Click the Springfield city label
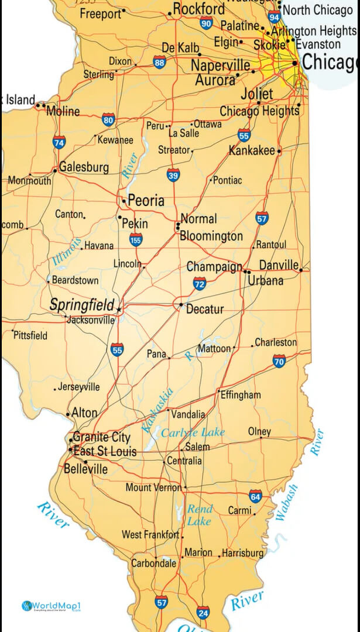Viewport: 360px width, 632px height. coord(81,305)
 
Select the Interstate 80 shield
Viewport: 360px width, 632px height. coord(108,121)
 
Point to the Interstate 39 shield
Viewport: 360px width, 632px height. coord(173,174)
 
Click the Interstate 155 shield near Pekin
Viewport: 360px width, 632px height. coord(136,239)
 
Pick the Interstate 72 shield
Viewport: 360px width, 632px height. coord(200,284)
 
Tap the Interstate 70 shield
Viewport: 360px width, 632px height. coord(279,361)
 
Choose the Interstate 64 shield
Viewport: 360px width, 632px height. coord(255,497)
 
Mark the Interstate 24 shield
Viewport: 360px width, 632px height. coord(203,613)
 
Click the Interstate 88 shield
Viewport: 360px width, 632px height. coord(159,63)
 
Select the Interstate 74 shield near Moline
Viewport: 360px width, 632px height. coord(59,142)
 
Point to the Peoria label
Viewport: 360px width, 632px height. coord(146,201)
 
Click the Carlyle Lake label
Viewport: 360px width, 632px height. coord(193,432)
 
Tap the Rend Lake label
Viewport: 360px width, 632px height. coord(200,515)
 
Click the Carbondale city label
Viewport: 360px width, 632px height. coord(153,564)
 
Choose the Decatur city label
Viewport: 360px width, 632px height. coord(204,309)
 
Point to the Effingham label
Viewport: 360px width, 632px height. coord(241,395)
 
